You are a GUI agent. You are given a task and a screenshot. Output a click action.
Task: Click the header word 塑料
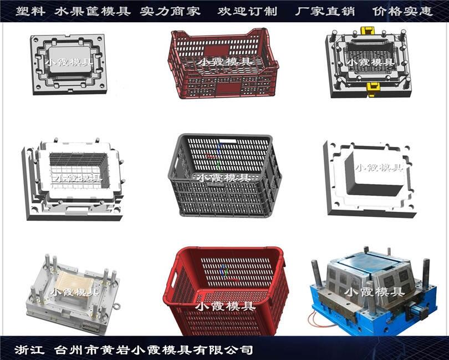30,12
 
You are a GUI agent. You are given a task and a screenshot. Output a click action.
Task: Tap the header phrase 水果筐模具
93,12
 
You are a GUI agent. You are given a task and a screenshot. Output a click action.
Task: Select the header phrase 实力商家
170,12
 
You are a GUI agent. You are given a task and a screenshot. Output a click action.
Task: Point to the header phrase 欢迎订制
247,12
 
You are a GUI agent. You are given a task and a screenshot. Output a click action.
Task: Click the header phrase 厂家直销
325,12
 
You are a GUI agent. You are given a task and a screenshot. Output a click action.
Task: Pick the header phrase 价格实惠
402,12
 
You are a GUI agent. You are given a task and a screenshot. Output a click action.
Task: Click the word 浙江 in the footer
29,349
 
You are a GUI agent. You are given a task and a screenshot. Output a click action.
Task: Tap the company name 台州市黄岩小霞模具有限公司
154,349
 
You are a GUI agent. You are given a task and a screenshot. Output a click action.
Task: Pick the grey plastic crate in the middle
225,175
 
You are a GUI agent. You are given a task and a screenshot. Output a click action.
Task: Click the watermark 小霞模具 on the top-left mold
70,62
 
